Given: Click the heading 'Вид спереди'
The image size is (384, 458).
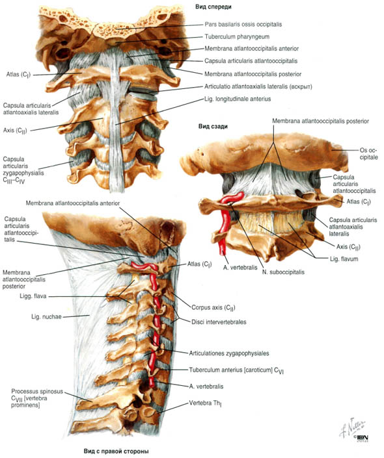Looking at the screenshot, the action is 213,6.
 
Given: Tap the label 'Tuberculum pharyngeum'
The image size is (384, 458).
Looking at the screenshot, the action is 237,37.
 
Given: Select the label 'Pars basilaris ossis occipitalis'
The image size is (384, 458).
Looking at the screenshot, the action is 243,24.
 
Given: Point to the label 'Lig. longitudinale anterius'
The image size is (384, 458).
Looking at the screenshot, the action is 238,99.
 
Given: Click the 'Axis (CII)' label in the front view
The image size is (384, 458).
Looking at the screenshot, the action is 15,131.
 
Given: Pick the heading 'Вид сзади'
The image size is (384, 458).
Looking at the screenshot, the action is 213,127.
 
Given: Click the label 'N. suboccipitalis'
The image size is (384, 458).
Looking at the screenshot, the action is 283,272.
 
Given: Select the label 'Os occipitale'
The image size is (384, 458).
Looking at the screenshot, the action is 368,154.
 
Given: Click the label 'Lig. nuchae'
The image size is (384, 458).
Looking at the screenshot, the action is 46,316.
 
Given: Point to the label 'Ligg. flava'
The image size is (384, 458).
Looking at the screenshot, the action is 33,296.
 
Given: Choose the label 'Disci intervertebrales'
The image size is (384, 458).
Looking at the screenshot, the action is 219,322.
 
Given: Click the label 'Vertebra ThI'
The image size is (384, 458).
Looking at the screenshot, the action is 204,403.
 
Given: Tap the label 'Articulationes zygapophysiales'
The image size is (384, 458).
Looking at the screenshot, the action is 229,353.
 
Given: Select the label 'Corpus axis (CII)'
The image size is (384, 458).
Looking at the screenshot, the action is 213,307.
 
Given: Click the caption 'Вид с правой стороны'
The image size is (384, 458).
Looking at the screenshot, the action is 117,452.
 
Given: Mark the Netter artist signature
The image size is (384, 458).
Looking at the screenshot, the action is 353,427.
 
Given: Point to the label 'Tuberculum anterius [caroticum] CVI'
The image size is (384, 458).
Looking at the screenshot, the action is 236,370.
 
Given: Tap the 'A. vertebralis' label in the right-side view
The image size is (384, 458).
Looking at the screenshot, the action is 206,387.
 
